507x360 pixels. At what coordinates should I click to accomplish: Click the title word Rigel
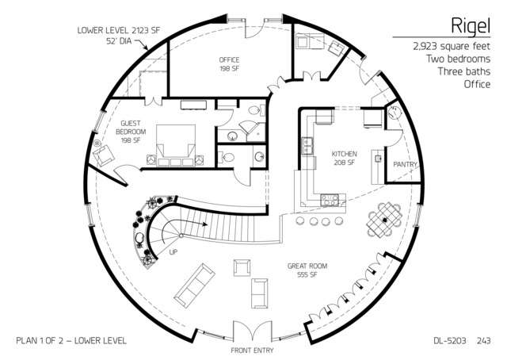point(471,26)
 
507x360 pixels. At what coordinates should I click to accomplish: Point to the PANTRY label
point(405,164)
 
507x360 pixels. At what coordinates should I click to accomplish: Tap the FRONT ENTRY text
point(252,350)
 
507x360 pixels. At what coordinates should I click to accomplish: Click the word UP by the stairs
point(173,252)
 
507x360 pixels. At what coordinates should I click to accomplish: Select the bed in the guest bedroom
point(176,145)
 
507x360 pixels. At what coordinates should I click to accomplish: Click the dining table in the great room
point(384,220)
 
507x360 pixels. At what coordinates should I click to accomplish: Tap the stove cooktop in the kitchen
point(330,199)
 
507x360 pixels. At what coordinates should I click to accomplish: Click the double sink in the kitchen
point(307,146)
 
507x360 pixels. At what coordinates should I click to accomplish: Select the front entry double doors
point(253,330)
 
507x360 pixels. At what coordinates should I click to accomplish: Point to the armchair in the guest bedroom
point(104,155)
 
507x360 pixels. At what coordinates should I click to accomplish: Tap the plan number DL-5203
point(450,341)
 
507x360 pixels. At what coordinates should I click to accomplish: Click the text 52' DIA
point(119,41)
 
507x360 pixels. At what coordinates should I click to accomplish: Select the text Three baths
point(464,71)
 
